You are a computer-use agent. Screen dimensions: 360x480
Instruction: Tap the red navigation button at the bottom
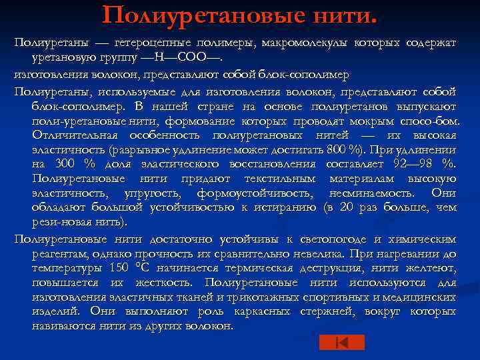341,342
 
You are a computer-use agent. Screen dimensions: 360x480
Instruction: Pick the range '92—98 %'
427,164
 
